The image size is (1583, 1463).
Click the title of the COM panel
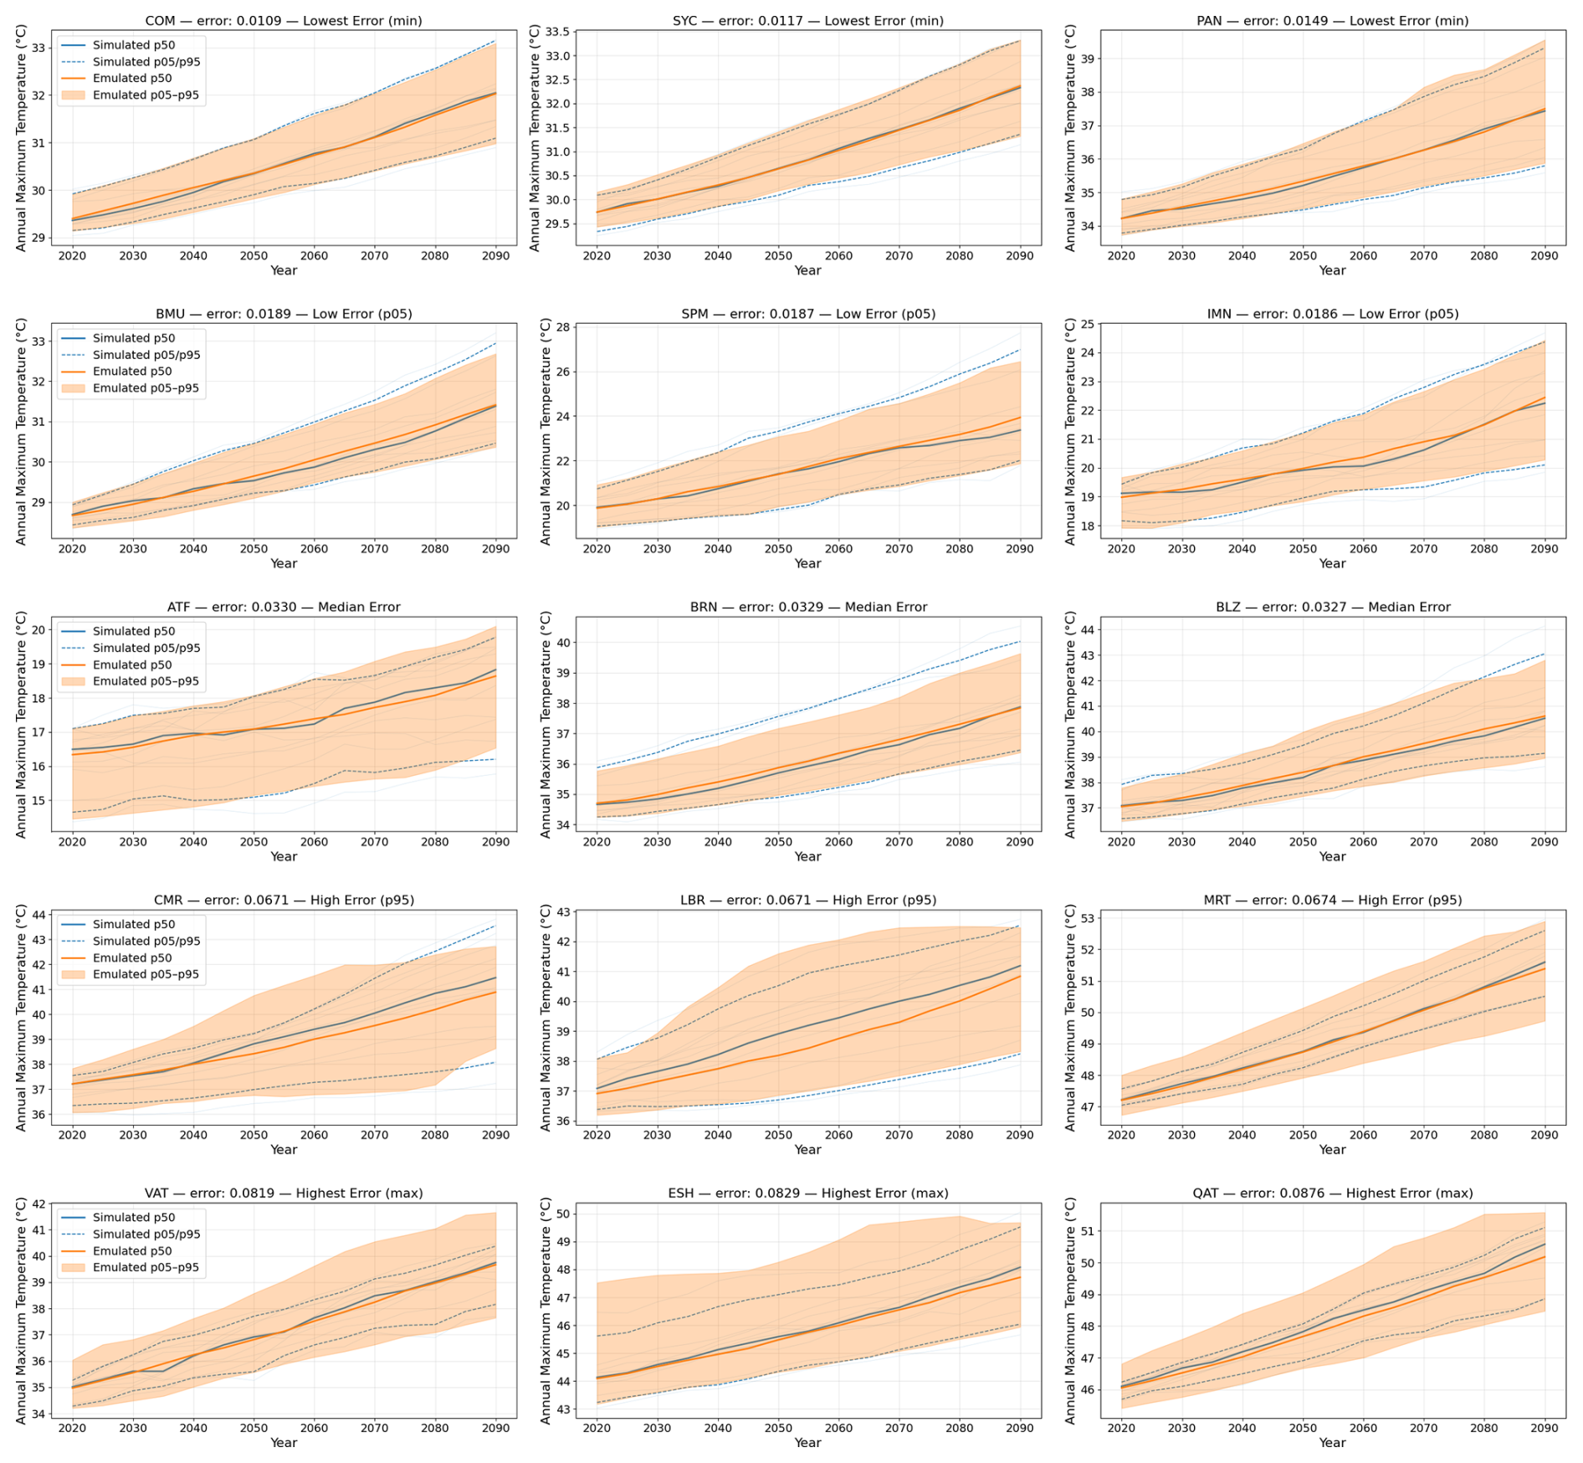pyautogui.click(x=284, y=21)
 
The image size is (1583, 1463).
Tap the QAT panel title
pyautogui.click(x=1332, y=1193)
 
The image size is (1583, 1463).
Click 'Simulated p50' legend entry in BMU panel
pyautogui.click(x=134, y=338)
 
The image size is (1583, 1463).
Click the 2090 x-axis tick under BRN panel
pyautogui.click(x=1020, y=842)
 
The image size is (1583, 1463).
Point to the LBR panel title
pyautogui.click(x=808, y=901)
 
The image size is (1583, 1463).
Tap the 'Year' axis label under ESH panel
pyautogui.click(x=808, y=1443)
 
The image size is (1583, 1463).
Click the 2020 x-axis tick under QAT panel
pyautogui.click(x=1121, y=1428)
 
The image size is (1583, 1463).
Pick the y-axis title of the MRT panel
pyautogui.click(x=1069, y=1018)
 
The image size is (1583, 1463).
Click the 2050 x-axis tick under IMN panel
pyautogui.click(x=1303, y=549)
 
